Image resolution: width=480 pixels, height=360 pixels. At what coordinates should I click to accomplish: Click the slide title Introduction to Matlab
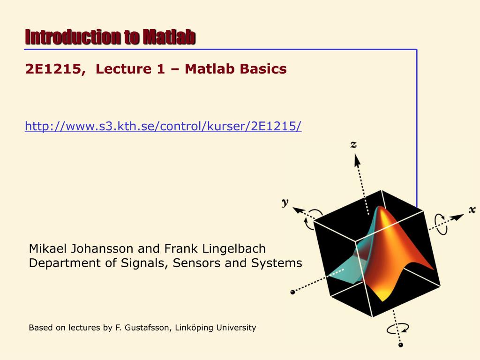[x=110, y=37]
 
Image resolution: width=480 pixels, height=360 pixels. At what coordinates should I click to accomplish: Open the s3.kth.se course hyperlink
[x=163, y=126]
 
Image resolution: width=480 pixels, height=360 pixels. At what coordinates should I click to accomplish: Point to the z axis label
[x=353, y=145]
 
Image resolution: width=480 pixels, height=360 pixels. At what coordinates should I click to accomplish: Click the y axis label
[x=285, y=202]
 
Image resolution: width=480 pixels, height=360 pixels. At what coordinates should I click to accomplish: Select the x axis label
[x=472, y=210]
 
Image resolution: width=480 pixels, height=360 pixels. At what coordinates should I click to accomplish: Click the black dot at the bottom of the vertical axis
[x=400, y=346]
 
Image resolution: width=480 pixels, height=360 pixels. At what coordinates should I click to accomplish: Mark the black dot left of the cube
[x=293, y=292]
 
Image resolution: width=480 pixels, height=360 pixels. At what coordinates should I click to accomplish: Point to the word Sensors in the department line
[x=197, y=263]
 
